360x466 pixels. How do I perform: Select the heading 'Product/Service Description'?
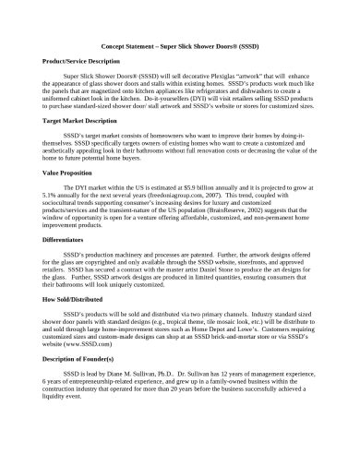80,60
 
